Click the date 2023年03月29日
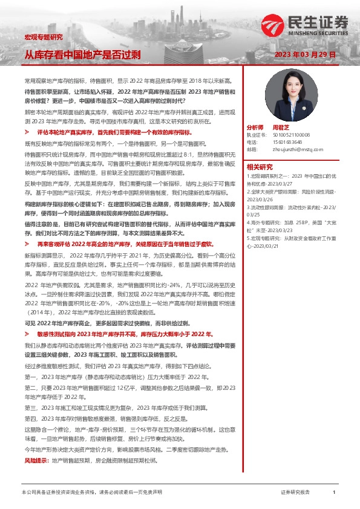point(313,54)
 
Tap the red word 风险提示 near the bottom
point(34,461)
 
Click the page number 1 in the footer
point(334,493)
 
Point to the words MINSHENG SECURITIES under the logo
point(322,34)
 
